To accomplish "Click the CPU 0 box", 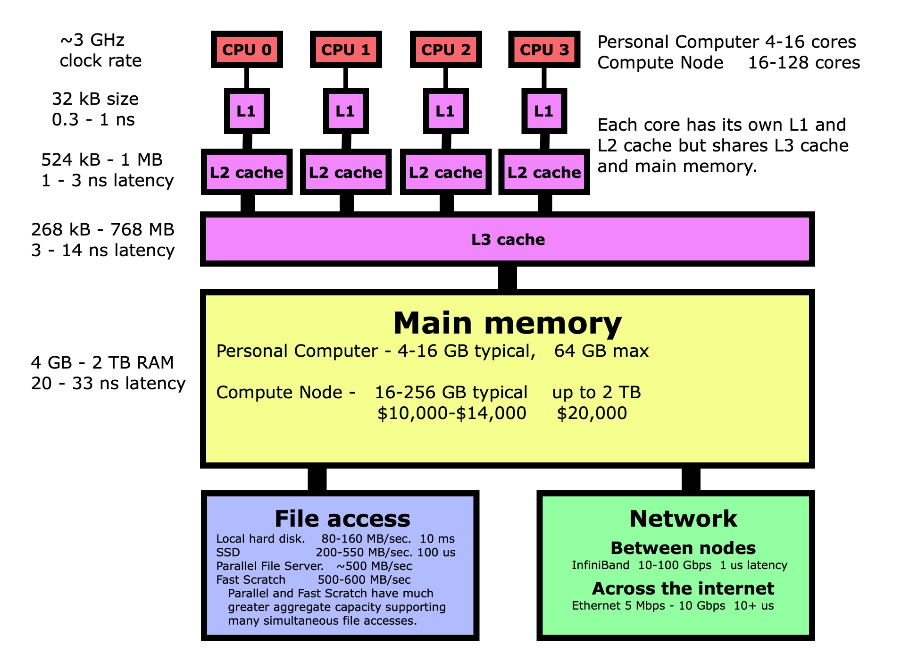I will coord(247,50).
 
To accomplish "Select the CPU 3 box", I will coord(544,50).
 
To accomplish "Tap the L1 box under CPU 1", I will coord(345,111).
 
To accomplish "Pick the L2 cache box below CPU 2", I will coord(445,172).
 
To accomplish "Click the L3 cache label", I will coord(508,240).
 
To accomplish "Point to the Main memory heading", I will coord(507,324).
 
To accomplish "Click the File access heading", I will coord(342,519).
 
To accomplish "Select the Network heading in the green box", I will coord(683,519).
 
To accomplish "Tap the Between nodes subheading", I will coord(683,548).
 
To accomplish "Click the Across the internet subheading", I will coord(683,588).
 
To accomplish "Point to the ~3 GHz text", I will coord(92,40).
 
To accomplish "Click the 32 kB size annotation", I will coord(95,99).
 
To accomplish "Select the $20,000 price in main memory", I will coord(592,413).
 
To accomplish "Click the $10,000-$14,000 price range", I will coord(451,413).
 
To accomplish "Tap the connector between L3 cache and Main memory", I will coord(508,278).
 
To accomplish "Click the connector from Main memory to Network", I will coord(691,479).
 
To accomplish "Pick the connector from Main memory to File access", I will coord(317,479).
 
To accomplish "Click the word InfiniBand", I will coord(601,565).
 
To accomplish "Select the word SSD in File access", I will coord(228,553).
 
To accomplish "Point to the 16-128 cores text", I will coord(804,63).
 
